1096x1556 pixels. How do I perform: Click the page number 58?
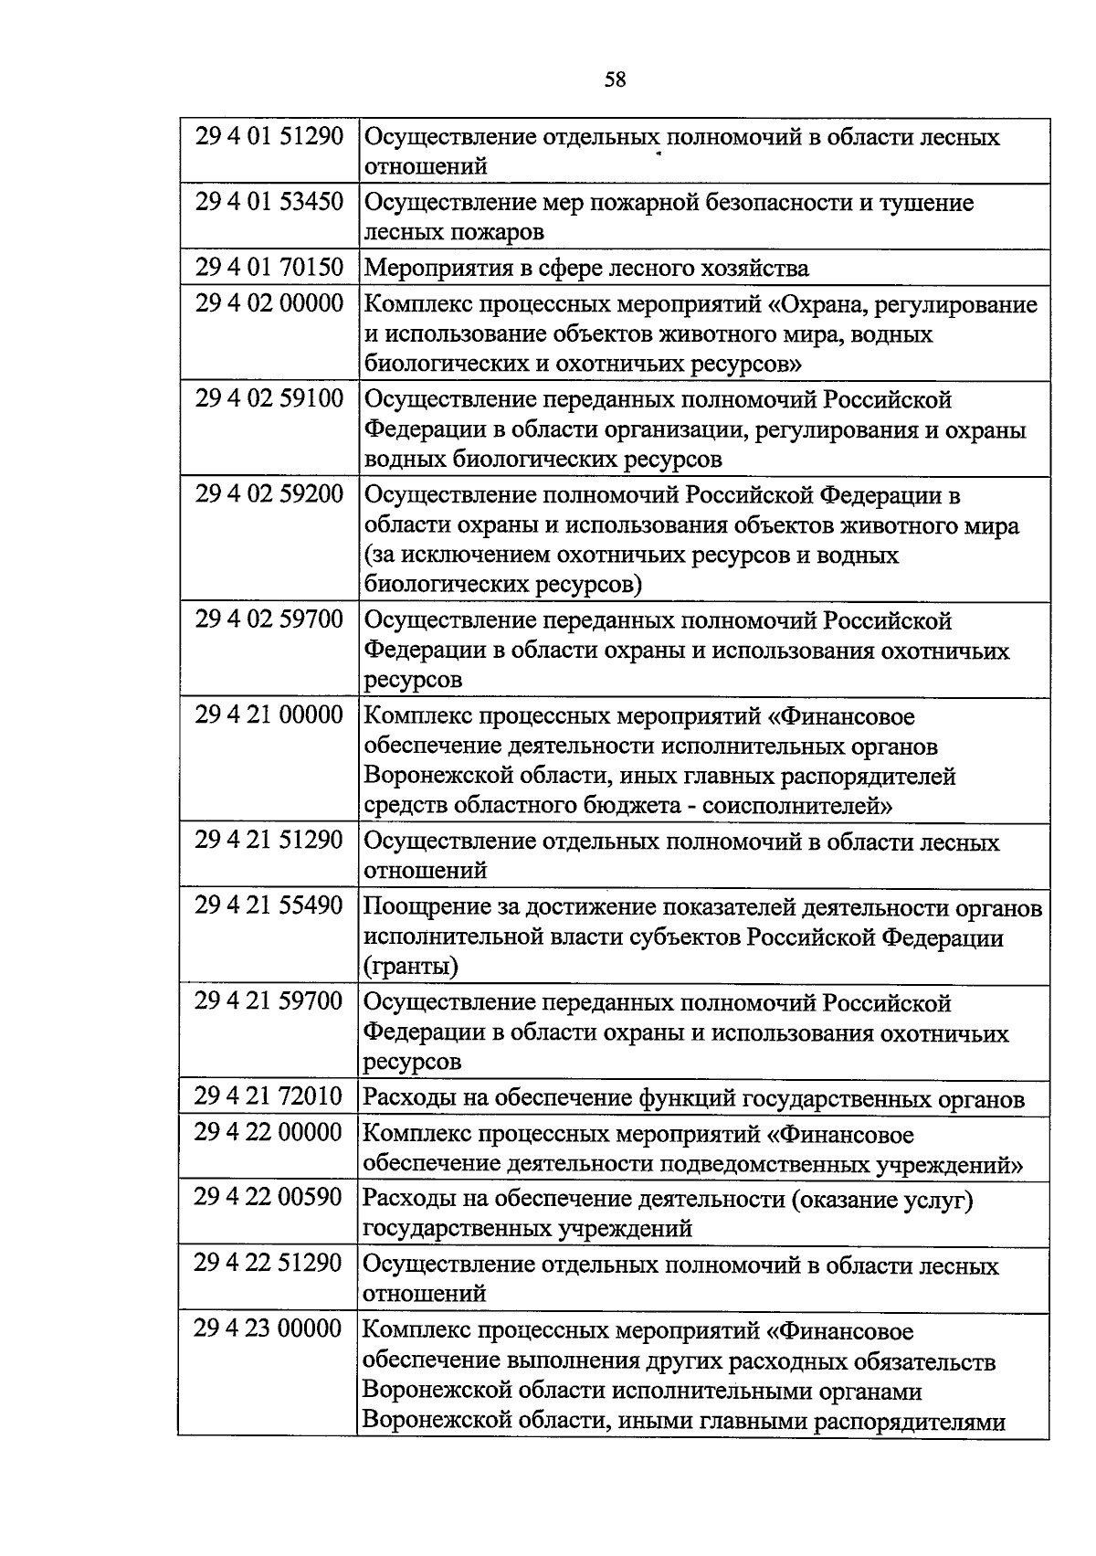point(615,79)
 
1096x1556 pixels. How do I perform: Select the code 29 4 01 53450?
point(269,201)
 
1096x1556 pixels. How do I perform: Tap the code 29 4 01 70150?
point(269,267)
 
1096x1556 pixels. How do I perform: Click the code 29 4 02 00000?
point(269,303)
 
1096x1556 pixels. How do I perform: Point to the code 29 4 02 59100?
point(269,398)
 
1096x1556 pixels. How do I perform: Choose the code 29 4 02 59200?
point(269,494)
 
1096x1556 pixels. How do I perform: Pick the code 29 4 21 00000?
point(269,714)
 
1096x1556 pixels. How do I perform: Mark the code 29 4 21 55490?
point(269,905)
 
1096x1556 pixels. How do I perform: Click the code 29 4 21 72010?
point(269,1096)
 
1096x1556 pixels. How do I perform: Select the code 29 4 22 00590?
point(269,1197)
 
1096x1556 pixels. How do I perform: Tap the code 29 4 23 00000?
point(269,1328)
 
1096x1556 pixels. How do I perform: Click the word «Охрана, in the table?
point(821,304)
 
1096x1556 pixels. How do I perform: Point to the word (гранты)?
point(411,967)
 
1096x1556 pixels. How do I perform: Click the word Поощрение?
point(427,907)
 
